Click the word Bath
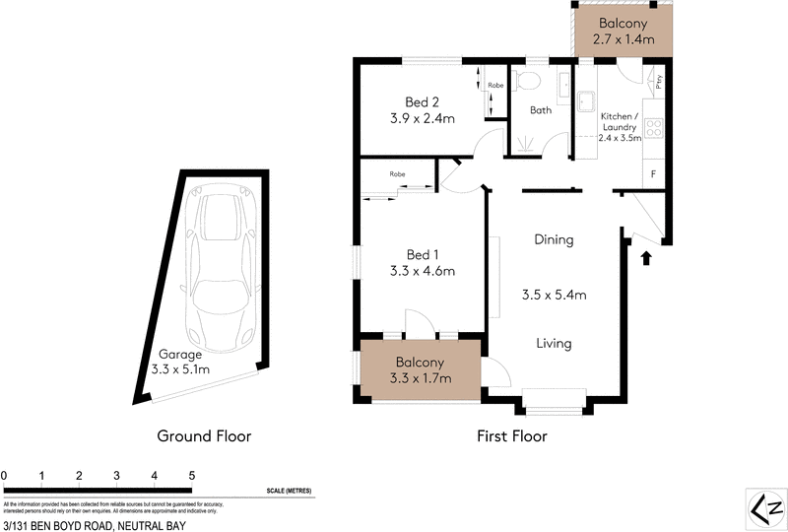[x=541, y=110]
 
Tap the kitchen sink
[x=586, y=100]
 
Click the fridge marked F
[x=654, y=175]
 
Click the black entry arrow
[x=646, y=259]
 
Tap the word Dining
[x=554, y=239]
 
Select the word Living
[x=554, y=344]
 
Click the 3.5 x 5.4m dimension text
[x=554, y=294]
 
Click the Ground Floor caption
[x=205, y=435]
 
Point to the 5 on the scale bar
[x=191, y=476]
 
